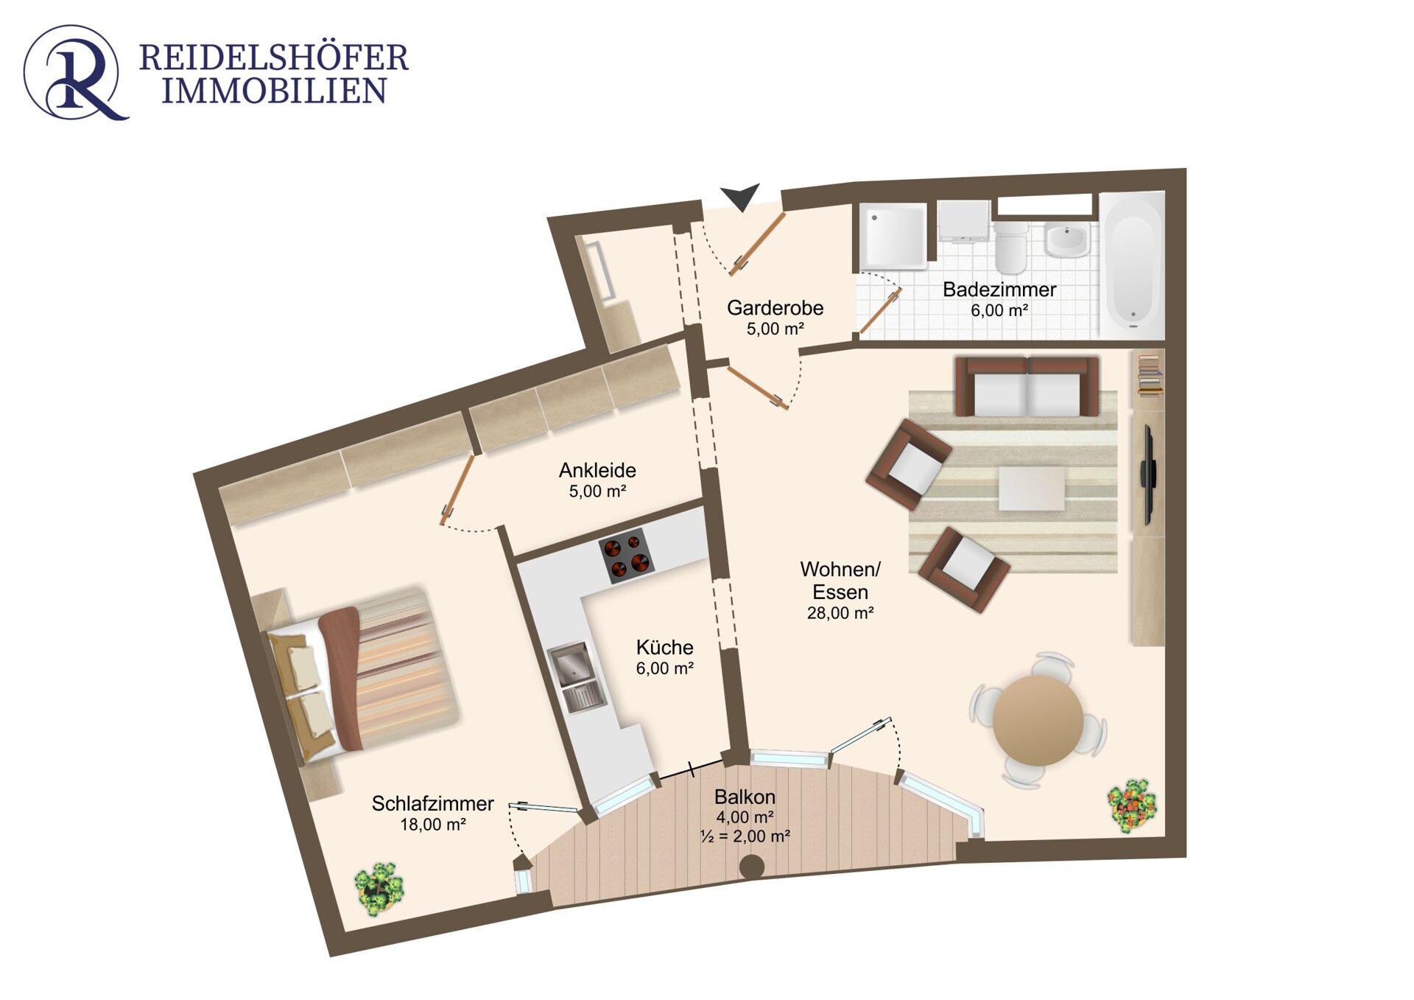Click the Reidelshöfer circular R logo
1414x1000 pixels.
tap(76, 72)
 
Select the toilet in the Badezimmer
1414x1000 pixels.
tap(1010, 246)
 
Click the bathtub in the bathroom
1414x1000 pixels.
tap(1132, 263)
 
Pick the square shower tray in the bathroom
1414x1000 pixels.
tap(893, 236)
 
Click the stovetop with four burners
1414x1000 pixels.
tap(626, 556)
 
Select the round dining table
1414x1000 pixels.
tap(1038, 720)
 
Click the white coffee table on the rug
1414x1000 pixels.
tap(1032, 488)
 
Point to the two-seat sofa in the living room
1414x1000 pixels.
tap(1027, 387)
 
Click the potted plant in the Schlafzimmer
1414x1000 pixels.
tap(379, 889)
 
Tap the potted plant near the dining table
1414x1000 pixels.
tap(1132, 805)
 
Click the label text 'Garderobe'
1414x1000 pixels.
tap(775, 307)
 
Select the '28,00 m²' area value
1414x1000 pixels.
tap(840, 613)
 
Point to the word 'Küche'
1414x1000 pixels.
tap(665, 647)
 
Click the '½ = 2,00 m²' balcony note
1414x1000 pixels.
tap(745, 836)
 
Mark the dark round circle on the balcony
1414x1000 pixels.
tap(751, 867)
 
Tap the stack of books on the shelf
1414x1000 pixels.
tap(1149, 375)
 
